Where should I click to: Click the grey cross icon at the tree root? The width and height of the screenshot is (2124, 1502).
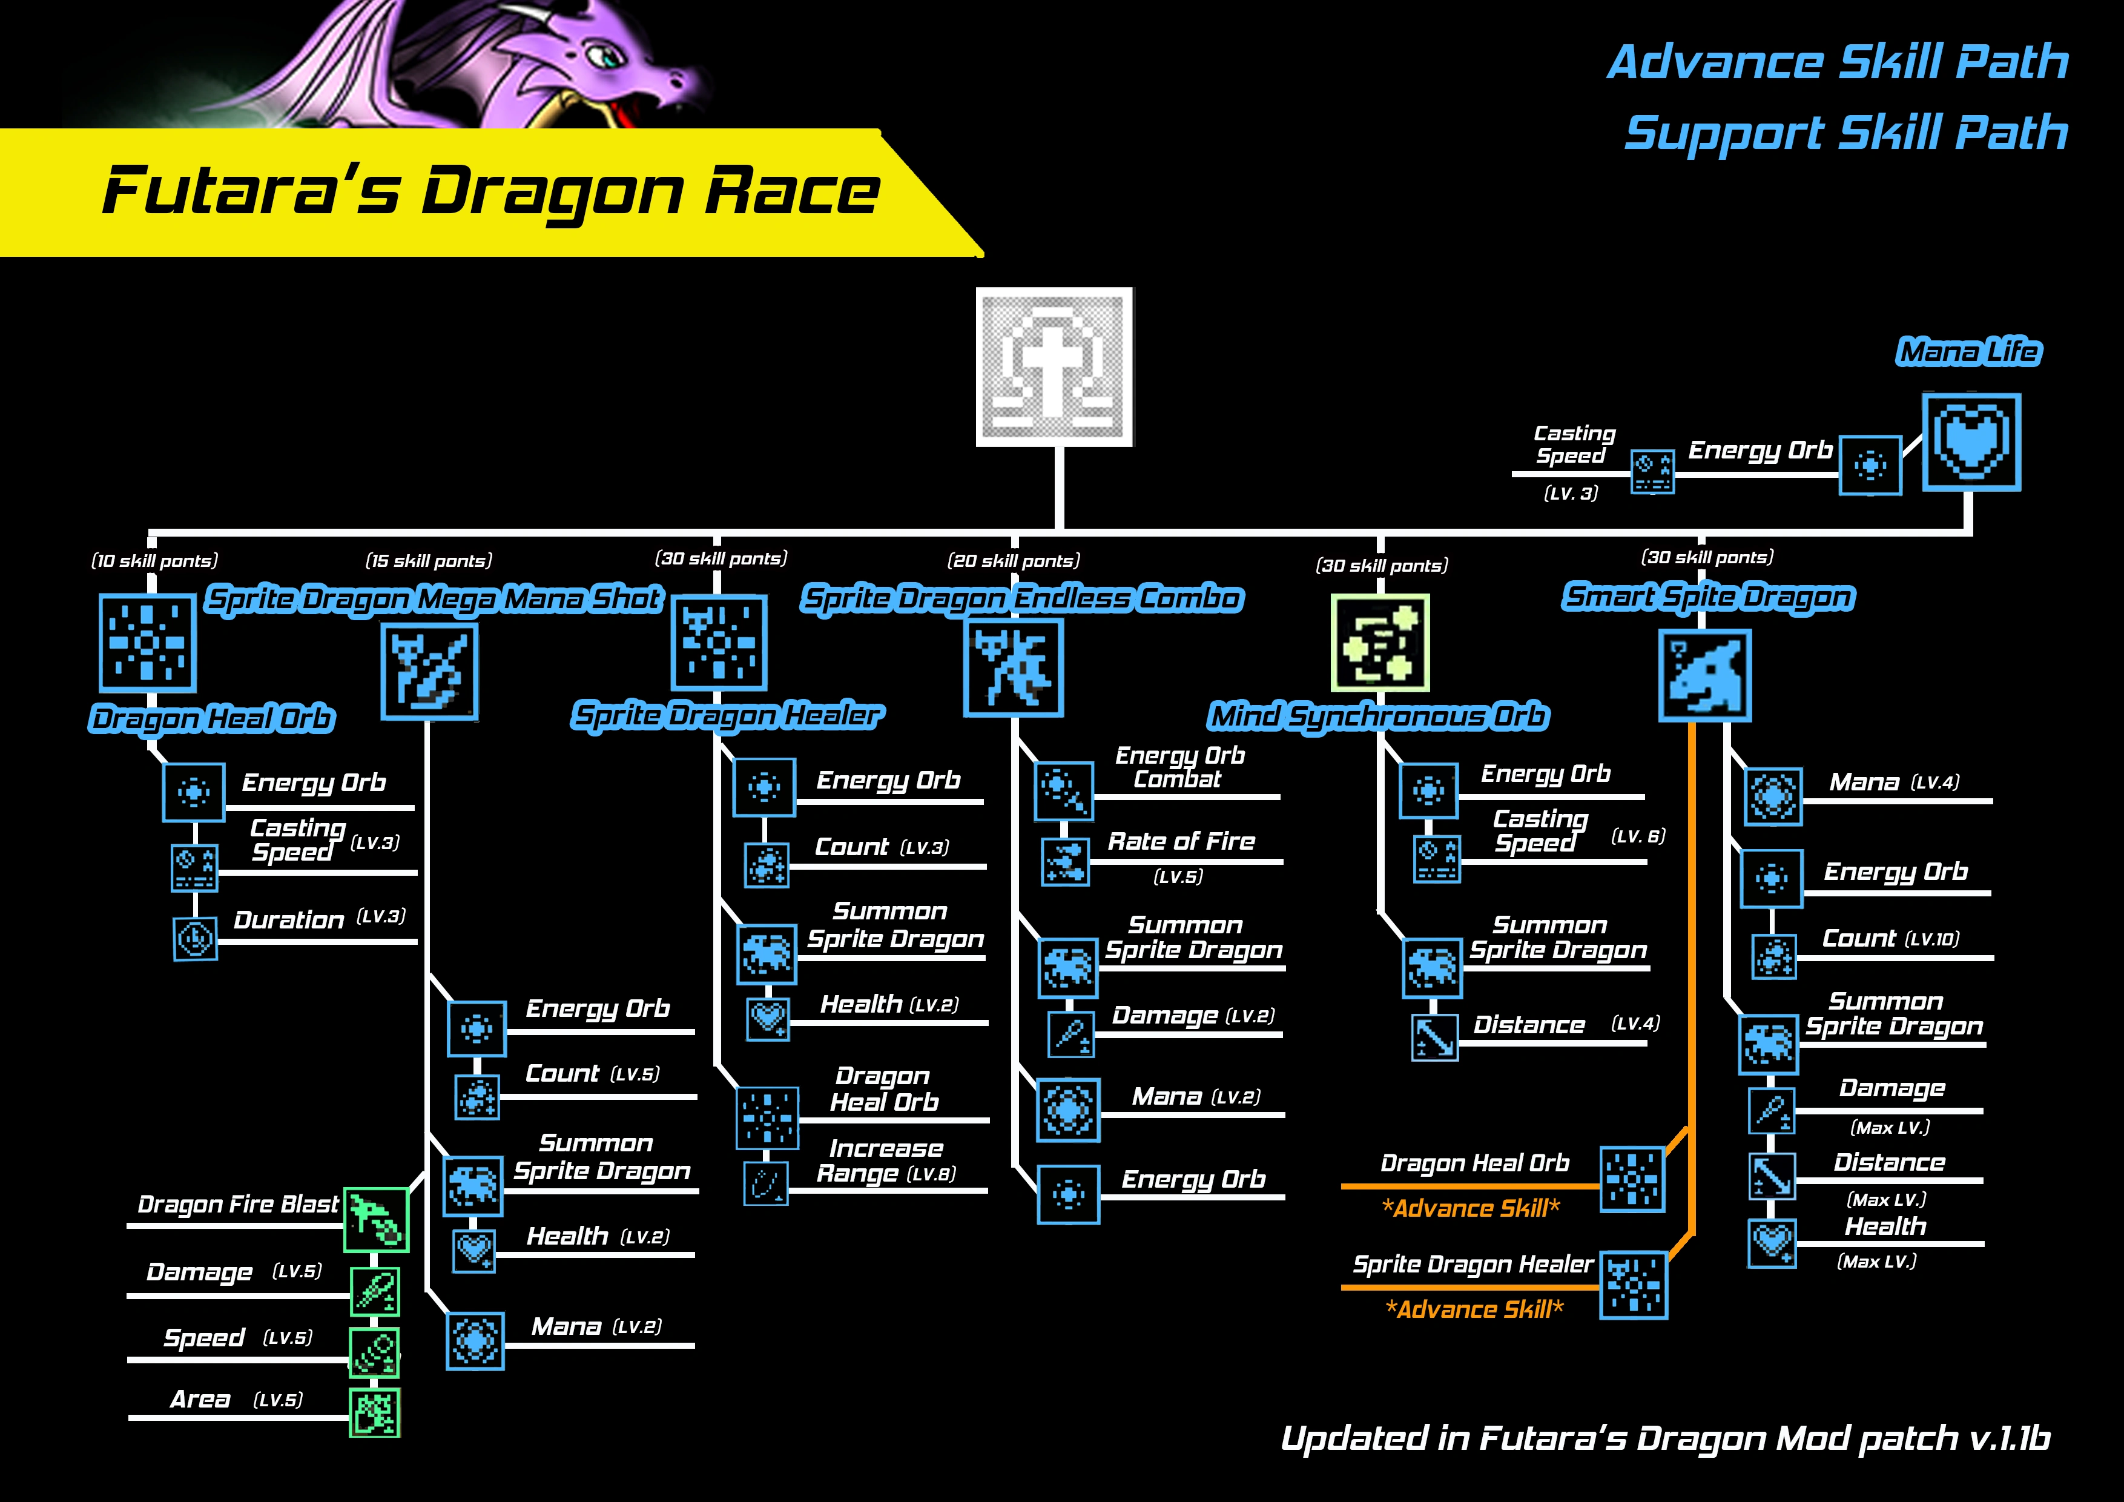[x=1054, y=366]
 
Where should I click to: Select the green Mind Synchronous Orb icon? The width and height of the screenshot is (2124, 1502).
[x=1379, y=642]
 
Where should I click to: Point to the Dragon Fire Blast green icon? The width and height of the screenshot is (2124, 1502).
[x=375, y=1219]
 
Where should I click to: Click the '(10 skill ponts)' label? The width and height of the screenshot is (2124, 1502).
[x=154, y=561]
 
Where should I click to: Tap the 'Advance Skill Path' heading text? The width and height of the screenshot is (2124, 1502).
[x=1837, y=62]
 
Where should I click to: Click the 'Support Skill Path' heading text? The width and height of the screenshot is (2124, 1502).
[x=1845, y=133]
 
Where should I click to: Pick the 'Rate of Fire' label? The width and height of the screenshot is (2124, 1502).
[x=1181, y=841]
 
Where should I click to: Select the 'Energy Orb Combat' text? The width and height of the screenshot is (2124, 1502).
[x=1179, y=767]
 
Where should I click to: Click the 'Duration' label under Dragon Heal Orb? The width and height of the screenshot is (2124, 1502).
[x=289, y=920]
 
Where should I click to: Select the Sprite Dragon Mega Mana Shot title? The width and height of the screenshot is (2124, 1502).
[x=433, y=599]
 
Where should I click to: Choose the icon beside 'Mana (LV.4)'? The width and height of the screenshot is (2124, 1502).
[x=1772, y=796]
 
